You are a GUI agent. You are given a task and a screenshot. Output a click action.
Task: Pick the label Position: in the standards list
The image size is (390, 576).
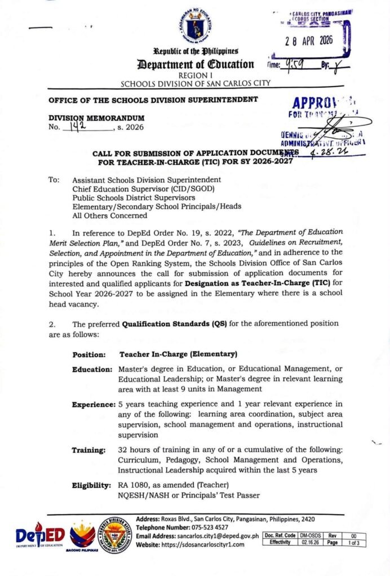89,355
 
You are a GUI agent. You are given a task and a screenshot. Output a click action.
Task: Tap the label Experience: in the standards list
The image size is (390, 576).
94,404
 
